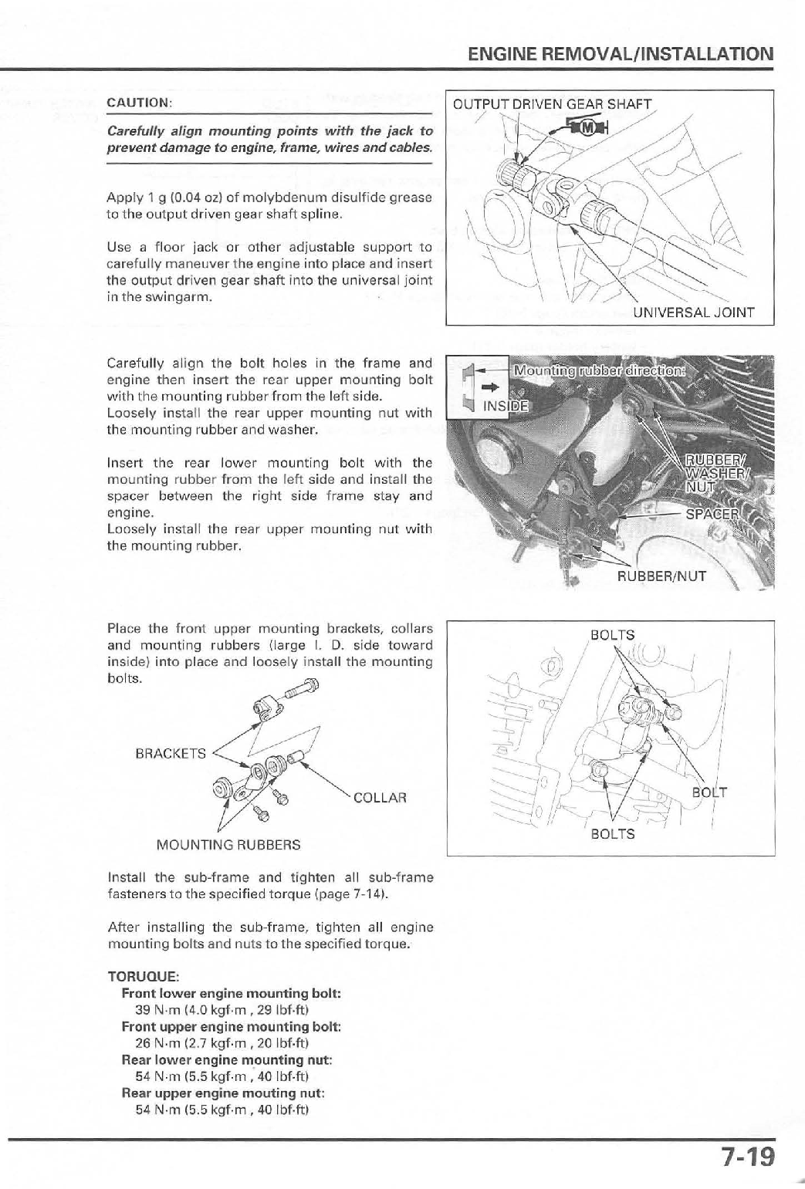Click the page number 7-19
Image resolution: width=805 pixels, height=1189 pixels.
pyautogui.click(x=747, y=1158)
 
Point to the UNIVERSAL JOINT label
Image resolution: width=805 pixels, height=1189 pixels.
pyautogui.click(x=692, y=312)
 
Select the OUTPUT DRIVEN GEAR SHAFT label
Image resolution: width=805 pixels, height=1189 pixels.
pyautogui.click(x=552, y=104)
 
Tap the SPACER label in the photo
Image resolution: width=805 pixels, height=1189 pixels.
pyautogui.click(x=712, y=515)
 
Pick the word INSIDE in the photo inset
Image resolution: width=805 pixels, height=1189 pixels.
pyautogui.click(x=503, y=406)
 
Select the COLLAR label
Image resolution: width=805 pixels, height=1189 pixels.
pyautogui.click(x=380, y=798)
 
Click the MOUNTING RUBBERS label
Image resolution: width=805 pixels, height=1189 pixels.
pyautogui.click(x=228, y=845)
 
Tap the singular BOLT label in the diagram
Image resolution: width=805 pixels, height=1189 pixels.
pyautogui.click(x=709, y=792)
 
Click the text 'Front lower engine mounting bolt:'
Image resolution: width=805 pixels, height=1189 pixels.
pyautogui.click(x=232, y=992)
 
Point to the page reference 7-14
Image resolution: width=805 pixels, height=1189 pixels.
pyautogui.click(x=369, y=895)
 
